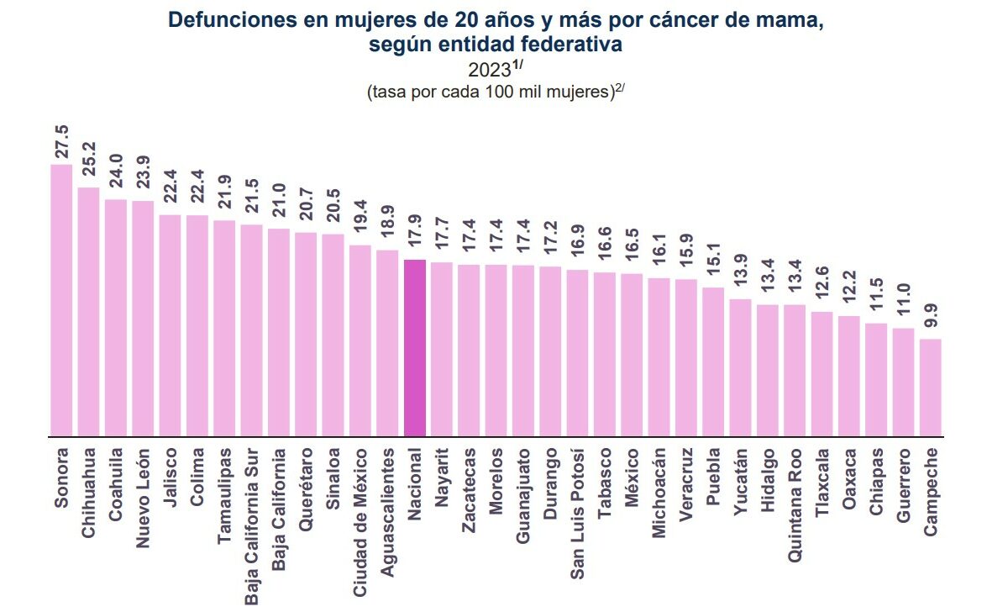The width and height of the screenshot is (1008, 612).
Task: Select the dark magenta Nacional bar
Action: point(415,348)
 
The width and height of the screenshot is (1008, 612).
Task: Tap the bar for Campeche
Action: point(931,388)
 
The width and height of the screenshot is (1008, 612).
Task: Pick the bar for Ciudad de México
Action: point(360,340)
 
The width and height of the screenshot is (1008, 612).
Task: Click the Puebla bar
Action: point(713,361)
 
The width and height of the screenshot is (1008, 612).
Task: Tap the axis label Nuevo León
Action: point(143,495)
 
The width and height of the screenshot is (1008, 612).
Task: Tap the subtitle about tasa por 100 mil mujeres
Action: point(496,92)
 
